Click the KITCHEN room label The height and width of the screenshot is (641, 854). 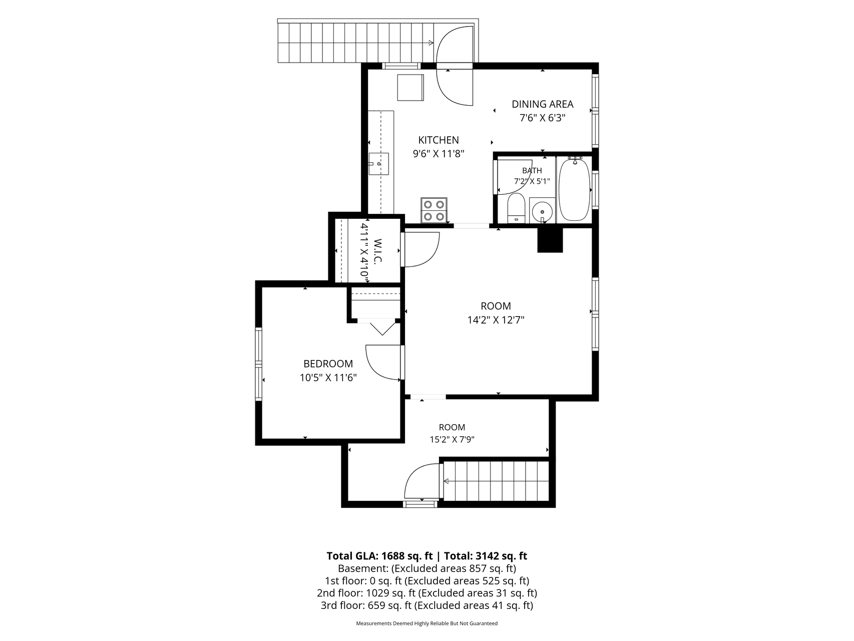[x=439, y=140]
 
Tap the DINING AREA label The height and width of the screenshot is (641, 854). [x=542, y=104]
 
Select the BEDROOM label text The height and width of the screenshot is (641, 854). [x=328, y=364]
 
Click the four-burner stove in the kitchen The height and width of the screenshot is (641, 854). [x=434, y=210]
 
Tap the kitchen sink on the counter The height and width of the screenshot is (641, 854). [x=378, y=164]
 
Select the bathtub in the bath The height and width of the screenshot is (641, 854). [x=574, y=189]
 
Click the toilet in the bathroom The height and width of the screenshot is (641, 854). [x=516, y=208]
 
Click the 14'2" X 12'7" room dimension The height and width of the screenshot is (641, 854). [x=496, y=320]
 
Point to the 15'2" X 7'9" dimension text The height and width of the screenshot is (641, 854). [x=452, y=440]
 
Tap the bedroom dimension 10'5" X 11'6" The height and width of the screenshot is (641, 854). [x=328, y=378]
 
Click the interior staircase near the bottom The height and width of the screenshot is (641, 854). [x=496, y=481]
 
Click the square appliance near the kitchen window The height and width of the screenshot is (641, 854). [x=410, y=88]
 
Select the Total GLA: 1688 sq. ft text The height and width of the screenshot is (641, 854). [x=379, y=556]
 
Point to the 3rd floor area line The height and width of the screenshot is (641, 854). [x=426, y=605]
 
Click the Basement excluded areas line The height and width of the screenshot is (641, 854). [x=426, y=568]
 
